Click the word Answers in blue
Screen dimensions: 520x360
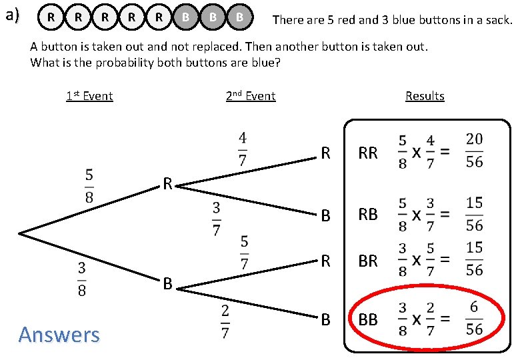coord(59,334)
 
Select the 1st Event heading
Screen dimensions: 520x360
coord(89,96)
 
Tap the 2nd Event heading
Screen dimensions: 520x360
coord(251,96)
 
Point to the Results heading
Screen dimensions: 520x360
coord(425,96)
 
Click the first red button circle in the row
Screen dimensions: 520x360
coord(51,18)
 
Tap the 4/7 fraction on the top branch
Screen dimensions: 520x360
coord(243,149)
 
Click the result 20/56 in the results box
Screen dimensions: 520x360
coord(474,151)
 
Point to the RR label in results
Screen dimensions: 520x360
coord(368,153)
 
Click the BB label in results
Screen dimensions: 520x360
coord(368,320)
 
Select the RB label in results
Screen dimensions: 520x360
coord(368,215)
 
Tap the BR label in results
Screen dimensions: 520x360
coord(368,261)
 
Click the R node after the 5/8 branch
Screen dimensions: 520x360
coord(169,183)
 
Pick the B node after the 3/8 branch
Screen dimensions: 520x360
coord(169,285)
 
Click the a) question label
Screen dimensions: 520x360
coord(13,15)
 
